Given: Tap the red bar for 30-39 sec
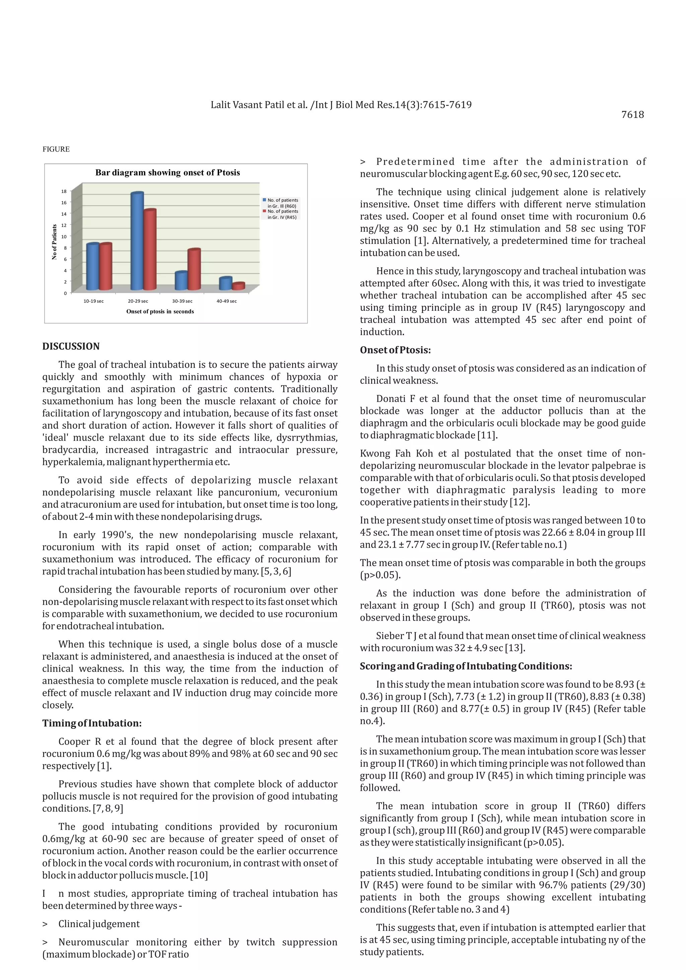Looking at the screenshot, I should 194,270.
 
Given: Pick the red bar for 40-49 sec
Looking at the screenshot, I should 239,286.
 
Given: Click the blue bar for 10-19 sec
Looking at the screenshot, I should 92,267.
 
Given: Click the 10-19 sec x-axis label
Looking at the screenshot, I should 93,301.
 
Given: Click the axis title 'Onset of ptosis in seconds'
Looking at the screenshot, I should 160,311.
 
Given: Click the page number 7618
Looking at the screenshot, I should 632,115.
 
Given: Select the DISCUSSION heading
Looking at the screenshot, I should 71,346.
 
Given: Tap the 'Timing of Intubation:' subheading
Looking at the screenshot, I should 92,723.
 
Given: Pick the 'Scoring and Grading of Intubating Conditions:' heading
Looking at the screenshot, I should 466,666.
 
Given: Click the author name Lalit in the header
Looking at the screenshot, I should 220,105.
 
